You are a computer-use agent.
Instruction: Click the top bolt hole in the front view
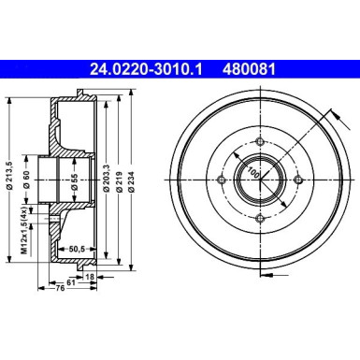[257, 141]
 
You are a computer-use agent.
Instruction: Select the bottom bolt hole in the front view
[257, 217]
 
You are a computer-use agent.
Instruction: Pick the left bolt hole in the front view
[220, 180]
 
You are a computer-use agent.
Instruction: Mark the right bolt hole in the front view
[295, 180]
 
